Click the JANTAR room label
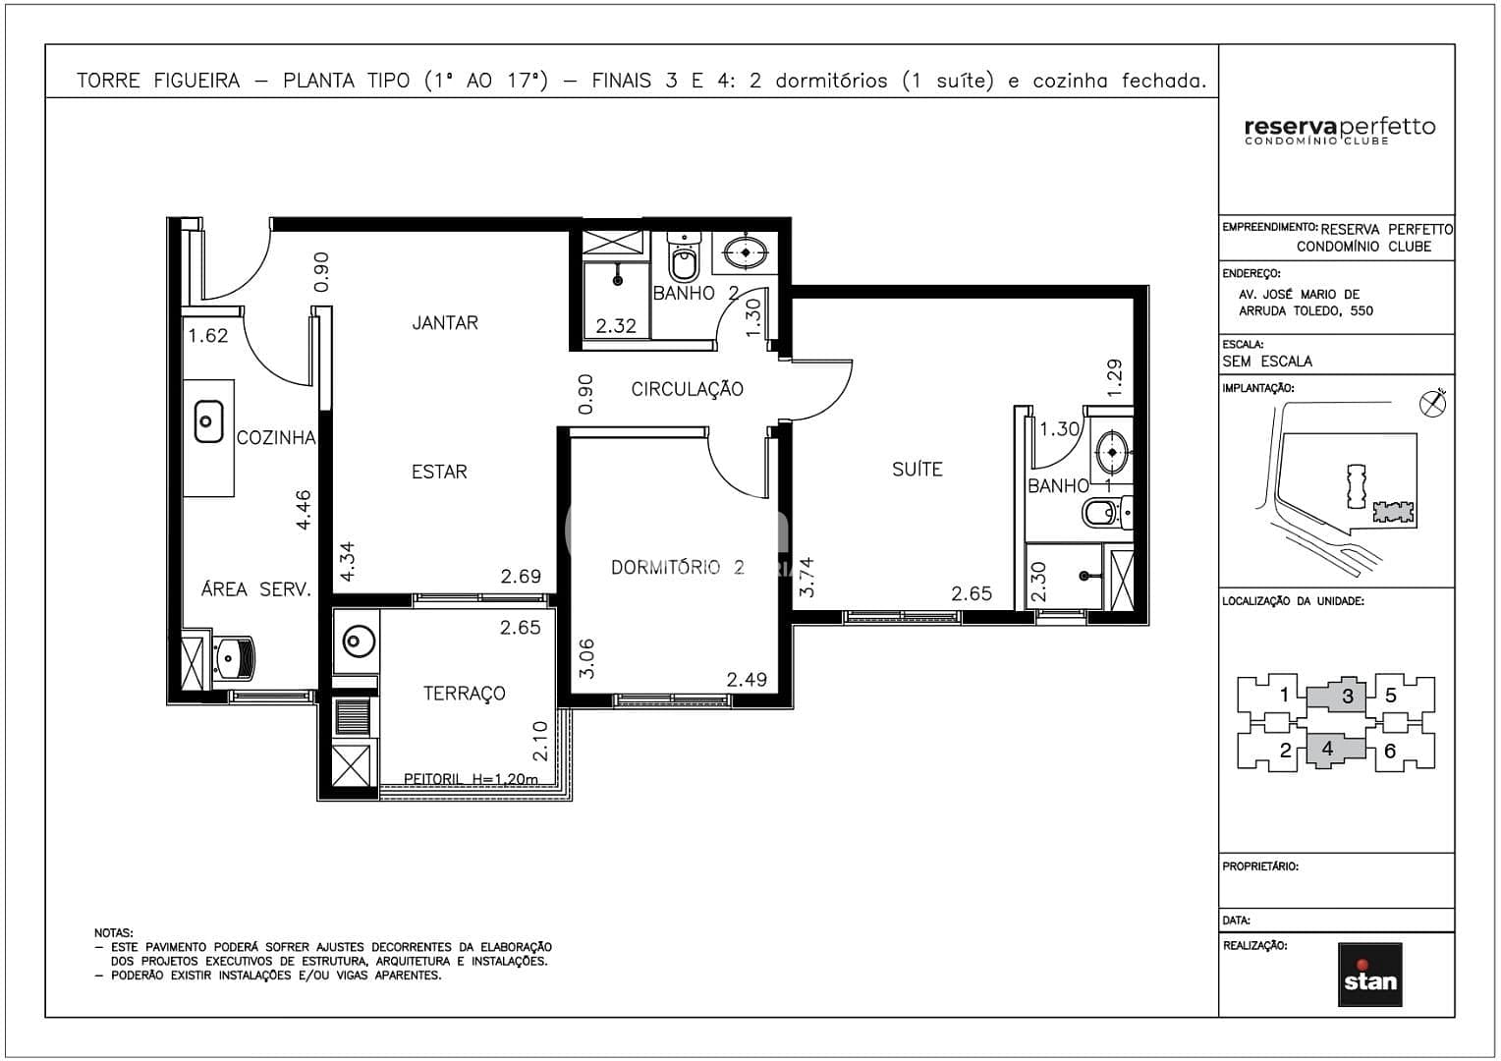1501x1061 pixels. click(x=445, y=323)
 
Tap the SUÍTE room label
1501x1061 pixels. click(x=917, y=470)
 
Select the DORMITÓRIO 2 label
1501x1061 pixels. click(x=677, y=568)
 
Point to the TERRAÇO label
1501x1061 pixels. click(x=464, y=694)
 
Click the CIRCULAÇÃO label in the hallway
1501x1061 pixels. click(x=687, y=389)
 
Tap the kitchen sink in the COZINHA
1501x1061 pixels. click(x=208, y=421)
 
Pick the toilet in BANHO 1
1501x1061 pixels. click(x=1104, y=512)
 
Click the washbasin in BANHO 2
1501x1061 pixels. click(x=747, y=252)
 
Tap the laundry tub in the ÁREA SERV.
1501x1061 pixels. click(x=234, y=657)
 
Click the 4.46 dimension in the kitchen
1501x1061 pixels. click(x=305, y=510)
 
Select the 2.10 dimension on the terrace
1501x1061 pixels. click(x=540, y=741)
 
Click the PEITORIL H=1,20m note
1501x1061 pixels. click(x=472, y=779)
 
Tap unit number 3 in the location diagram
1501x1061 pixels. click(x=1347, y=697)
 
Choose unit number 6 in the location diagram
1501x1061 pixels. click(x=1389, y=752)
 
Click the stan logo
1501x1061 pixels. click(x=1369, y=975)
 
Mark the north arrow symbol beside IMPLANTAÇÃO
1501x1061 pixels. click(x=1433, y=403)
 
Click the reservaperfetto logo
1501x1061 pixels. click(x=1339, y=130)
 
